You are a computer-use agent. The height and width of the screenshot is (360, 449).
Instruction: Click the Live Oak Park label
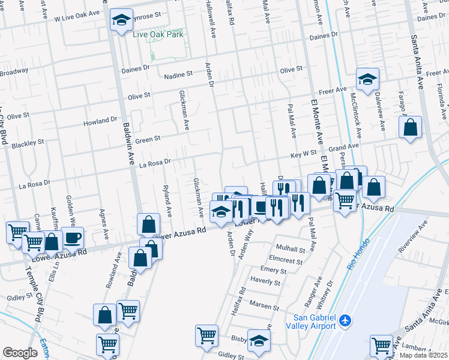point(157,34)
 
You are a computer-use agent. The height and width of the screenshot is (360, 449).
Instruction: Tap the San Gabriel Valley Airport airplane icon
point(345,321)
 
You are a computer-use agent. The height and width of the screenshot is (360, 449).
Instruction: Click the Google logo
point(20,353)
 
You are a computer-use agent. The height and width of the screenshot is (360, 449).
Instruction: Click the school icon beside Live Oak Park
point(121,21)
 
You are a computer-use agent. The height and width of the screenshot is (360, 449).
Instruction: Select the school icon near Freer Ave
point(367,79)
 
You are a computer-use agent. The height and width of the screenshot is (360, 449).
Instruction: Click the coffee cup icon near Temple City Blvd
point(72,237)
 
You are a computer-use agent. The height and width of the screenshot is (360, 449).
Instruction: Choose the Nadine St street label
point(178,74)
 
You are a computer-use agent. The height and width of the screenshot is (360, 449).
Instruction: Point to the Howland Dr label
point(101,121)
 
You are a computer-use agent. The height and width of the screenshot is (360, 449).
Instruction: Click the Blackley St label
point(28,144)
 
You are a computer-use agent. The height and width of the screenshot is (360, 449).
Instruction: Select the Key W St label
point(304,154)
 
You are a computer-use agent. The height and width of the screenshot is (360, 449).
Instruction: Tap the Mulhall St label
point(291,248)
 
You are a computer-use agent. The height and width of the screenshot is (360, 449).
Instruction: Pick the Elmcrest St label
point(286,260)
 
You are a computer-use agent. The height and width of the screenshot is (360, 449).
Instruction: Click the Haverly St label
point(266,280)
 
